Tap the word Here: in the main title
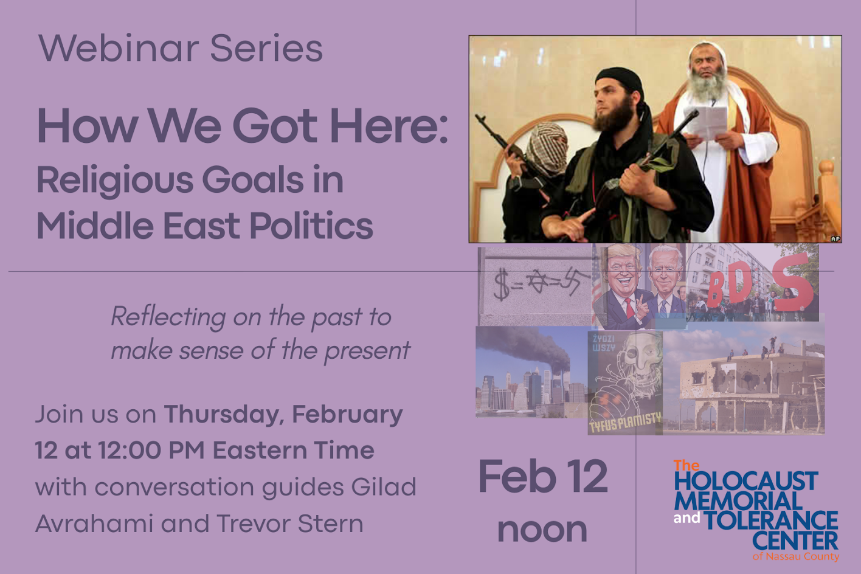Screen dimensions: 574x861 tap(389, 126)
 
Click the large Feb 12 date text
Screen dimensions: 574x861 tap(542, 477)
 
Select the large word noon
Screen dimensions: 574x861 tap(542, 530)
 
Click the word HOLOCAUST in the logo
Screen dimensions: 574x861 tap(746, 482)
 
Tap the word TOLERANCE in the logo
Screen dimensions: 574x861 tap(771, 520)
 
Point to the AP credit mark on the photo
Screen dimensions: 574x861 tap(835, 238)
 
